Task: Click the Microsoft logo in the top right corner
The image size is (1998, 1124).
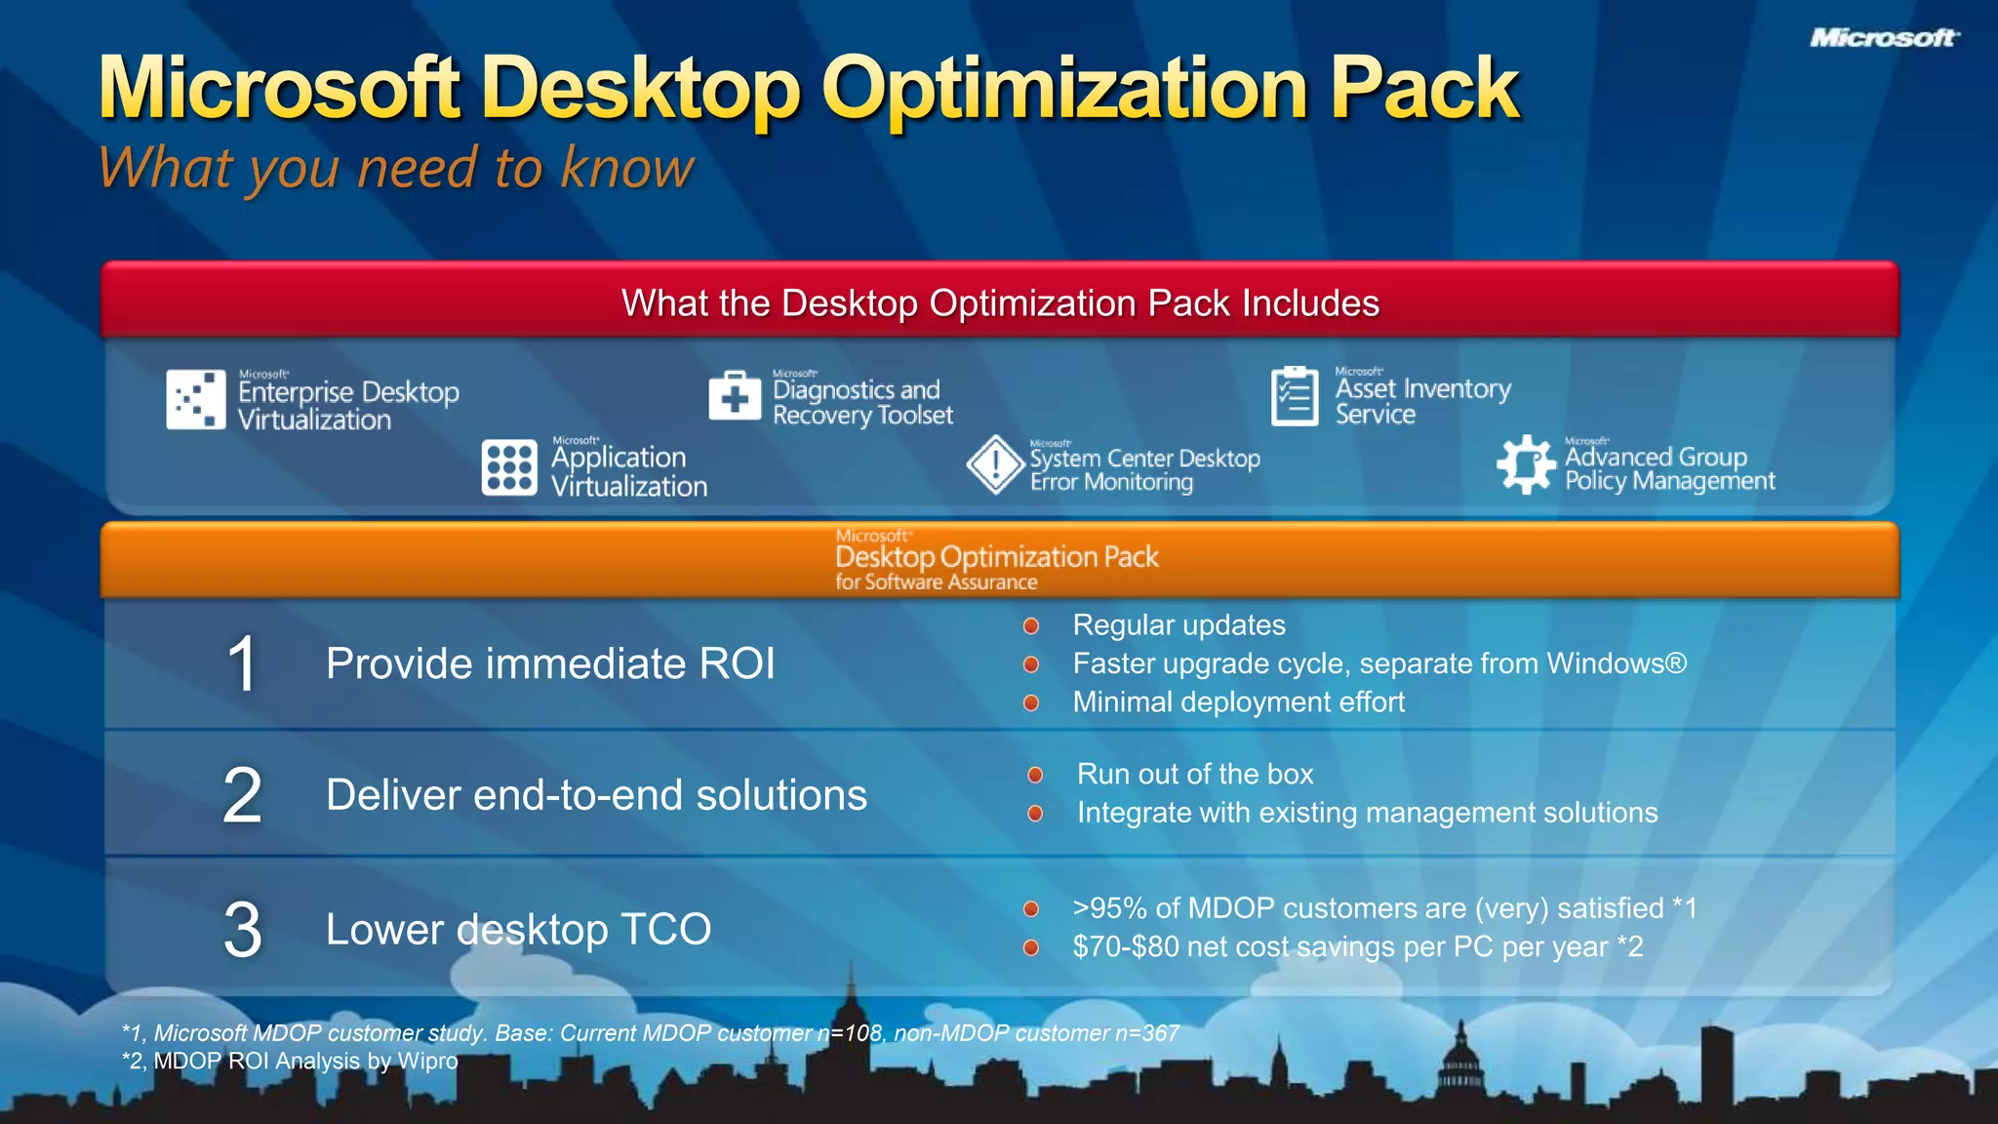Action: click(1883, 38)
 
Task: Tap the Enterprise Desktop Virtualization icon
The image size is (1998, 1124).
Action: click(196, 399)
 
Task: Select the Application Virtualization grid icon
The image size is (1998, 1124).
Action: click(509, 467)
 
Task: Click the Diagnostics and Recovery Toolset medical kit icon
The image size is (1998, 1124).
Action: click(735, 395)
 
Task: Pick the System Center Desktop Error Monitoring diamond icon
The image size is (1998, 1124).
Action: click(995, 464)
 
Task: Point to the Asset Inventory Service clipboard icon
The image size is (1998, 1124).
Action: click(1295, 396)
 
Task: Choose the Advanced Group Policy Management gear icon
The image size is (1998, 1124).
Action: click(1526, 464)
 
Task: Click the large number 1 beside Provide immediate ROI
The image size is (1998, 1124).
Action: click(242, 665)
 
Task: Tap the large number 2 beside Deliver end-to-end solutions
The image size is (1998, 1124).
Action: click(243, 795)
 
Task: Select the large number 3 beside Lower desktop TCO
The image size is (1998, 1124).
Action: click(243, 930)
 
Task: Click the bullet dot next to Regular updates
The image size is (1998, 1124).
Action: click(1031, 626)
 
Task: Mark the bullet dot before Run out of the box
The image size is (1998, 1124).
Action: click(1035, 775)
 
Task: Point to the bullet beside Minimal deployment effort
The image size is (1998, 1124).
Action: click(1031, 702)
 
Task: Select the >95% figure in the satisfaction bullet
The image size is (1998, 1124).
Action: click(1109, 908)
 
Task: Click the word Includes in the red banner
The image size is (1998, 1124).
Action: click(1310, 303)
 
